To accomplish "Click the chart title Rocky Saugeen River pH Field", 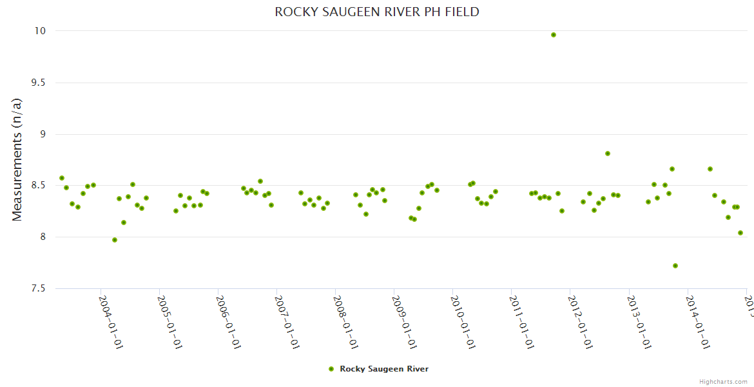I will click(x=377, y=12).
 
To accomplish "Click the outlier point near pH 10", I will click(x=554, y=35).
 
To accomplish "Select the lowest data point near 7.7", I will click(x=675, y=266).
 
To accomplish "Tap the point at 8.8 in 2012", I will click(x=608, y=154).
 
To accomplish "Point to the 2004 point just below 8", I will click(x=115, y=240).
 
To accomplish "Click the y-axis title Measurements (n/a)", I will click(x=17, y=159).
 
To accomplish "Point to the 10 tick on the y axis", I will click(x=40, y=31).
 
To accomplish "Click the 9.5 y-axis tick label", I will click(x=37, y=83).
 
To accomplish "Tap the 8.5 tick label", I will click(x=37, y=186).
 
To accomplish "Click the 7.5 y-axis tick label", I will click(x=37, y=288).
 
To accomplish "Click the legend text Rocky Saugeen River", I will click(x=384, y=369).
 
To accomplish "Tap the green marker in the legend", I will click(x=331, y=369).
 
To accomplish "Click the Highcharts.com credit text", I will click(x=723, y=381).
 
